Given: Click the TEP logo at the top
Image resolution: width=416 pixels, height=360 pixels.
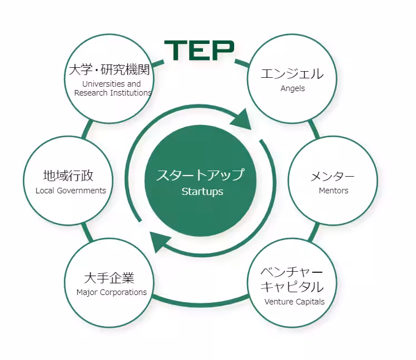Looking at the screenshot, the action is pyautogui.click(x=199, y=51).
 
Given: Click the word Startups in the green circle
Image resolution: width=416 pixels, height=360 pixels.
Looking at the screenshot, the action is pyautogui.click(x=202, y=192).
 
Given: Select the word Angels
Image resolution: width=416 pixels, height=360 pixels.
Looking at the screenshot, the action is pyautogui.click(x=293, y=88).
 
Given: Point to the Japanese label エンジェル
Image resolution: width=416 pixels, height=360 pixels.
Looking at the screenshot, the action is pyautogui.click(x=292, y=73).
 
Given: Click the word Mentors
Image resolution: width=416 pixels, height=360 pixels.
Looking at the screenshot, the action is pyautogui.click(x=334, y=191).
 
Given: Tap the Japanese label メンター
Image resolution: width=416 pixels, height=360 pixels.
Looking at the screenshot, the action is pyautogui.click(x=333, y=176).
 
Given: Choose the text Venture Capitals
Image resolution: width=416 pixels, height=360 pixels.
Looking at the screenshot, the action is pyautogui.click(x=294, y=302).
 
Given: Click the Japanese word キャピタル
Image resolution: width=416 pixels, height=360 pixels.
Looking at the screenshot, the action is pyautogui.click(x=292, y=286).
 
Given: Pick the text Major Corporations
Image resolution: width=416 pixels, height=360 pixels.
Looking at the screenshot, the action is pyautogui.click(x=111, y=292).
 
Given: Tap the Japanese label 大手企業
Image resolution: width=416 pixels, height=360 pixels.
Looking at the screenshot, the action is pyautogui.click(x=110, y=278).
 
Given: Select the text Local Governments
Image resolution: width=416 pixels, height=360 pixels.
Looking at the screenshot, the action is pyautogui.click(x=71, y=191).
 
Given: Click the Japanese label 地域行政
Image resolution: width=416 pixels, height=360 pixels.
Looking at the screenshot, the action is pyautogui.click(x=68, y=176).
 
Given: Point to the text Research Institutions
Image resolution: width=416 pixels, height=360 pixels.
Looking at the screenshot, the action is pyautogui.click(x=113, y=93).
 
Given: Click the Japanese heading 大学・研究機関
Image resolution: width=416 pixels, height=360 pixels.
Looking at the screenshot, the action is pyautogui.click(x=110, y=69).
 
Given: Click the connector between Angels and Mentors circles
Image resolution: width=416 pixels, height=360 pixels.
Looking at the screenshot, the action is pyautogui.click(x=314, y=129).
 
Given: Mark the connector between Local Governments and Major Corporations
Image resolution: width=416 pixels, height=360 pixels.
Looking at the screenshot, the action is pyautogui.click(x=87, y=232).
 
